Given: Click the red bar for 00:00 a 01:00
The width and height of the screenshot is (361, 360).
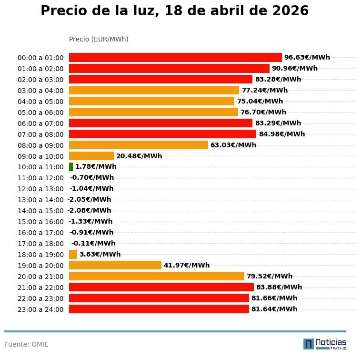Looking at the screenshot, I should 175,57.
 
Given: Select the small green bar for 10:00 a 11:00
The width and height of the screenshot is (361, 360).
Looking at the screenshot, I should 71,167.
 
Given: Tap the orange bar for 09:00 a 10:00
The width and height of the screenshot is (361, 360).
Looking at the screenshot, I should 91,156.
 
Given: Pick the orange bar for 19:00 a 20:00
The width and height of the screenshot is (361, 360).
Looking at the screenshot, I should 115,265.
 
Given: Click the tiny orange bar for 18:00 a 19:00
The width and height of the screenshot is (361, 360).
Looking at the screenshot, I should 73,254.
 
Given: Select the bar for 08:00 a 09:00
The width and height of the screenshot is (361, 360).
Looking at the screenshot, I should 139,145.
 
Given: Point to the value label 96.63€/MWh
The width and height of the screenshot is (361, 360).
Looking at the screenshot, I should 307,57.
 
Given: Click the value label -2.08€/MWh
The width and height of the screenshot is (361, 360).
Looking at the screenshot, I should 89,210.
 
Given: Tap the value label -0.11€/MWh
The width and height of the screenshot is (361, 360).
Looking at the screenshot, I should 93,243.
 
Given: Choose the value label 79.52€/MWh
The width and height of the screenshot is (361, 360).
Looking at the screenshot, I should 270,276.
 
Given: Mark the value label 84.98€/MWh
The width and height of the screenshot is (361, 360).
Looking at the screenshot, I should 281,134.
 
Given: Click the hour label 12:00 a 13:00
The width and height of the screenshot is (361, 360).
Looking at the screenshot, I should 40,189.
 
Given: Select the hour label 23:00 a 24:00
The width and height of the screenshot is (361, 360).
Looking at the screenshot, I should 40,309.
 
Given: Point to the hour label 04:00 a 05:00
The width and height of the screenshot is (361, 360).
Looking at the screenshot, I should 40,102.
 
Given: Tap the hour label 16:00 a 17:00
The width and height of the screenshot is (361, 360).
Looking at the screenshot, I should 40,233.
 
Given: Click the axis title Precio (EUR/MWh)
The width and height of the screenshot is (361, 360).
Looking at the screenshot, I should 99,39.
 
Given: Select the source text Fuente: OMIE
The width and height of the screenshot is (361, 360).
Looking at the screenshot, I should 27,344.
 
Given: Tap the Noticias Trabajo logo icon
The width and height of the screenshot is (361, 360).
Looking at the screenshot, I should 309,344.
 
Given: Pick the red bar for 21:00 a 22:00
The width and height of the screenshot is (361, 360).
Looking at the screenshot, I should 161,287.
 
